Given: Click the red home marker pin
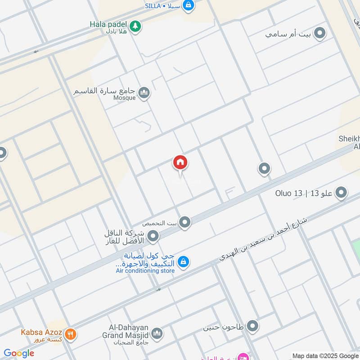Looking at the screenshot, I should (x=180, y=163).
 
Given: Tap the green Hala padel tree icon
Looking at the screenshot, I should (x=135, y=27).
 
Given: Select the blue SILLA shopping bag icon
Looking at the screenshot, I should (x=189, y=5).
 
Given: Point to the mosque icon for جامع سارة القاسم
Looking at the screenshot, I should (x=144, y=93).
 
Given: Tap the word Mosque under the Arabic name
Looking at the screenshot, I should (x=125, y=98).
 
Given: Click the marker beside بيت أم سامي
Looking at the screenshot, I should (x=319, y=34).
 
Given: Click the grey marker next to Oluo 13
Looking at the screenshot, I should (x=342, y=193).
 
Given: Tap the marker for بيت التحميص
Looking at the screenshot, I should (x=184, y=222).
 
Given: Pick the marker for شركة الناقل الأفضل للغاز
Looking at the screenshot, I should (x=153, y=236).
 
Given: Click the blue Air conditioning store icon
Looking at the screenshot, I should (x=183, y=261).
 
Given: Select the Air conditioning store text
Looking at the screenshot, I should (x=145, y=271).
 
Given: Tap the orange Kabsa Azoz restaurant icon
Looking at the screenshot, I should (x=70, y=334).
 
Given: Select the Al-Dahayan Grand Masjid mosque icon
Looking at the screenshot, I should (x=157, y=333).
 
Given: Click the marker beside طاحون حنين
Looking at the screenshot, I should (x=252, y=326).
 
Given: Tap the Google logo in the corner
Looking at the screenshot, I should (x=19, y=353).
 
